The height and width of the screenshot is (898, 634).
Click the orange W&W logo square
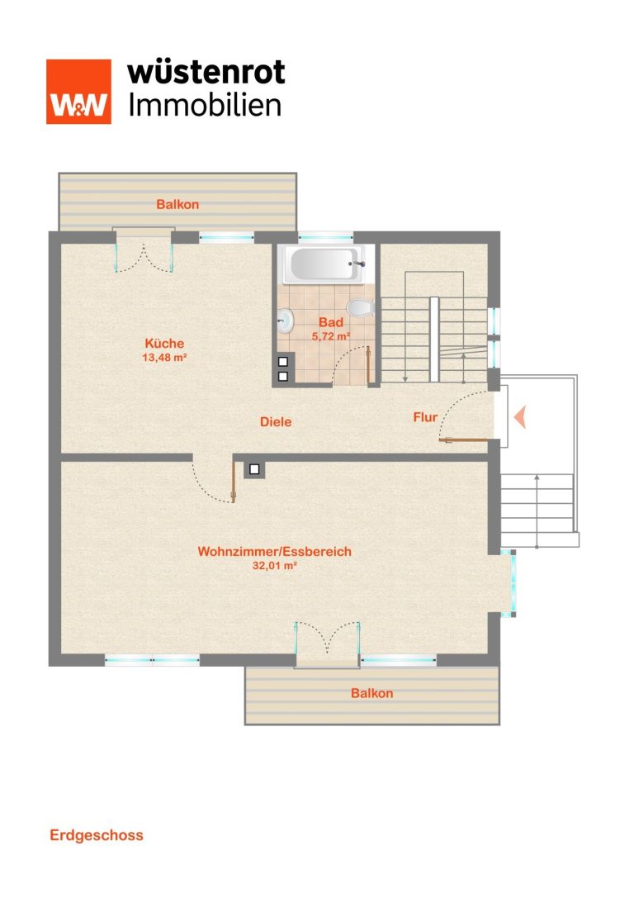(x=79, y=92)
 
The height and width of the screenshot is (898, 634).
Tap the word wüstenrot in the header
(x=206, y=73)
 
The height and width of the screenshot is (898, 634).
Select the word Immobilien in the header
(x=205, y=106)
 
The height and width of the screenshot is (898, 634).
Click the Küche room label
(x=164, y=343)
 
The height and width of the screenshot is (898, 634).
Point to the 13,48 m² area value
(x=165, y=358)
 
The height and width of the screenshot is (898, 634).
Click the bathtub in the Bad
(x=326, y=264)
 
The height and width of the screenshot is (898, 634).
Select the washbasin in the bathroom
(x=286, y=321)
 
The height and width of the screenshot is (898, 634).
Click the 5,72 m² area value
(x=331, y=336)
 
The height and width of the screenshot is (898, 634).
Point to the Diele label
(x=276, y=421)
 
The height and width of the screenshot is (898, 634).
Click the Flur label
(x=425, y=417)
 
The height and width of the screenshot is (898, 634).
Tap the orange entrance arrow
(x=520, y=416)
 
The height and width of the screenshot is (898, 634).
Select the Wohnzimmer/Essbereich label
(x=275, y=551)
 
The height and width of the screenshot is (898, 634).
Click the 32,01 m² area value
(x=275, y=565)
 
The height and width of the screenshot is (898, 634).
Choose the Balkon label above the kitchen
(x=177, y=204)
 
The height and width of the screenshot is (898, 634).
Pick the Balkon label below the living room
(x=372, y=693)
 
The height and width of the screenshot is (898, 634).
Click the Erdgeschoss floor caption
(x=97, y=835)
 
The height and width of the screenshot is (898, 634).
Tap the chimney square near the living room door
(x=254, y=469)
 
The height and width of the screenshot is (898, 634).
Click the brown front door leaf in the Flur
(x=463, y=439)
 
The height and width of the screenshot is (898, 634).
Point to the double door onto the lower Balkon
(x=327, y=639)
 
